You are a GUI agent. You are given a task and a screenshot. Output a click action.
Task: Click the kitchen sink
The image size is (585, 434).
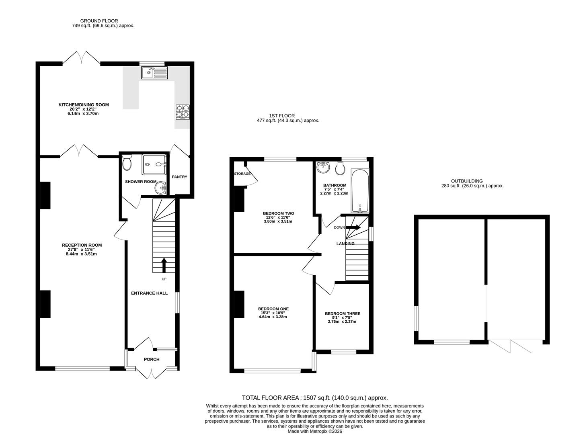(x=154, y=73)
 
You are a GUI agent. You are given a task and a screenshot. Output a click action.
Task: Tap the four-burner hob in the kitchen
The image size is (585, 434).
(x=183, y=112)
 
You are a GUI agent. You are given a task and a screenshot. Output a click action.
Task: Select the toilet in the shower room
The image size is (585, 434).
(x=127, y=163)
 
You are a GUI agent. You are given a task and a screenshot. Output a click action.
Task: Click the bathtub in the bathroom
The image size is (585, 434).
(x=360, y=190)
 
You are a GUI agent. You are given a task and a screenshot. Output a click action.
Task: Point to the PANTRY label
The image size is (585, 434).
(x=179, y=177)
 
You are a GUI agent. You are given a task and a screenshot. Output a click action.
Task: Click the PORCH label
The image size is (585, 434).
(x=152, y=359)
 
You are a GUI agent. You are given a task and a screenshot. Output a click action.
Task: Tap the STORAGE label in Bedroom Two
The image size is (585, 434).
(x=242, y=174)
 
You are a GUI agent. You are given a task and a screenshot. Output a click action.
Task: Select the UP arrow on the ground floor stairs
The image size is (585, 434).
(x=164, y=265)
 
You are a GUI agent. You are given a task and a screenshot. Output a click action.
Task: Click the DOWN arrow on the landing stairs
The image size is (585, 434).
(x=353, y=227)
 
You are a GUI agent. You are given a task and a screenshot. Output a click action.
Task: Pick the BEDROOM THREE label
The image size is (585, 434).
(x=342, y=313)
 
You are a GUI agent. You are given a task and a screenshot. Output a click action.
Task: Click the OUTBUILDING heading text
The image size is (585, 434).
(x=467, y=181)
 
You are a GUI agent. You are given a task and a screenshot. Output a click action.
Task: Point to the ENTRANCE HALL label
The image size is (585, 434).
(x=149, y=293)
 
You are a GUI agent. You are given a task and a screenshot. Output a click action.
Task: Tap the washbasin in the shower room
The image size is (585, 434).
(x=161, y=188)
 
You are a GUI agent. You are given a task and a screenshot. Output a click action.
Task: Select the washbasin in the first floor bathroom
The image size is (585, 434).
(x=323, y=167)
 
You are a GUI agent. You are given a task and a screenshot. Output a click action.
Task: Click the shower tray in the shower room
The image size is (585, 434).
(x=154, y=164)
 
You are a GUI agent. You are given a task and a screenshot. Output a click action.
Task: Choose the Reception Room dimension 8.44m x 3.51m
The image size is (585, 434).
(x=81, y=254)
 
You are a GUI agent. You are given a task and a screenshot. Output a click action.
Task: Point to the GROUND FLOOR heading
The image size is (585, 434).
(x=99, y=20)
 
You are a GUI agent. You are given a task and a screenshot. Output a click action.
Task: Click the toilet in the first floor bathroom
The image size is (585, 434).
(x=340, y=168)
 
